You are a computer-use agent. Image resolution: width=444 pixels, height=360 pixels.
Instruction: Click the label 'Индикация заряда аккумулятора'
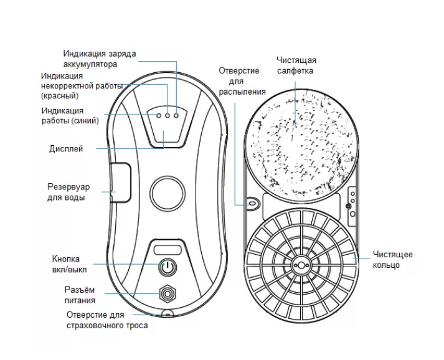(x=100, y=59)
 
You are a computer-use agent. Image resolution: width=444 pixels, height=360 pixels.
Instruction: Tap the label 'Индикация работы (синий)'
(x=70, y=115)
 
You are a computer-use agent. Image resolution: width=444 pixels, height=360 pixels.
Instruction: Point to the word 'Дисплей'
(x=65, y=149)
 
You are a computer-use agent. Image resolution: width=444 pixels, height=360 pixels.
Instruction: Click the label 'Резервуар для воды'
(x=68, y=192)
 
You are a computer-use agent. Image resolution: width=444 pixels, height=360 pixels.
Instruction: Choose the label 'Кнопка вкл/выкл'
(x=70, y=264)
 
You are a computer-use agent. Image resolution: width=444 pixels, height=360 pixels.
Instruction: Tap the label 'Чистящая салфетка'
(x=296, y=65)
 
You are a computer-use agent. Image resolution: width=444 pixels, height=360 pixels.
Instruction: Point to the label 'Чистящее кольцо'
(x=392, y=260)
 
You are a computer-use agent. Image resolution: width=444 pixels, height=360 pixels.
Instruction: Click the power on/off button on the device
(x=166, y=268)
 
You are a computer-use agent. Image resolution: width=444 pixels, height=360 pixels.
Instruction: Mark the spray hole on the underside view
(x=252, y=202)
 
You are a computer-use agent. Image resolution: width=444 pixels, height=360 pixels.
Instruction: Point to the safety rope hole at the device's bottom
(x=167, y=313)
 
